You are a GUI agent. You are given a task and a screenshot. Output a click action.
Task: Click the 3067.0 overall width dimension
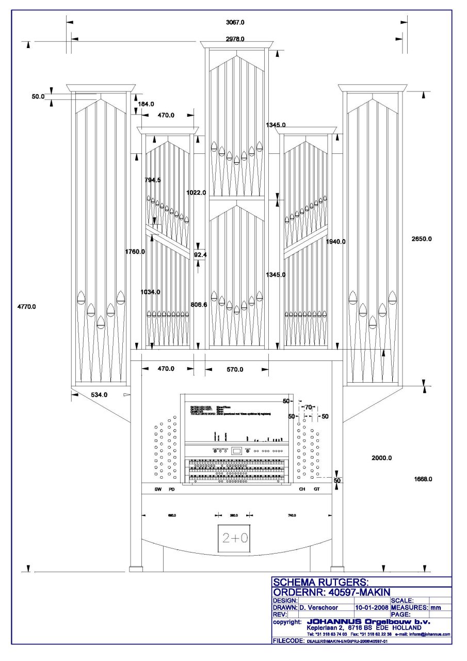[235, 23]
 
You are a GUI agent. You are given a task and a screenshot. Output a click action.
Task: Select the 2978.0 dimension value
[235, 39]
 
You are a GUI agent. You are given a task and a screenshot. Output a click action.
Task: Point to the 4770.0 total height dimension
[26, 307]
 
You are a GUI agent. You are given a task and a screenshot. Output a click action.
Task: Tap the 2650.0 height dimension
[422, 239]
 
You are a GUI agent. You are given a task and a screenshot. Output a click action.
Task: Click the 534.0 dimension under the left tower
[99, 395]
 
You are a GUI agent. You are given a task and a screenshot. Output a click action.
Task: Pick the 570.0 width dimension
[235, 369]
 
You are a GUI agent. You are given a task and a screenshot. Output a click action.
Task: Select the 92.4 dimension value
[200, 255]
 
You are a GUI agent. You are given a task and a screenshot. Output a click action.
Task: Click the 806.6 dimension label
[199, 305]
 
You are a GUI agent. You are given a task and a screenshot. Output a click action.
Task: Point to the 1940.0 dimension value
[336, 242]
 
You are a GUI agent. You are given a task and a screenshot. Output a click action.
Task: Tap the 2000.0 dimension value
[382, 458]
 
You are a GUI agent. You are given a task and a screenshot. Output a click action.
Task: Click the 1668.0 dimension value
[423, 479]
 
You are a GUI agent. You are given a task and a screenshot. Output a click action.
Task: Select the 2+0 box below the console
[235, 538]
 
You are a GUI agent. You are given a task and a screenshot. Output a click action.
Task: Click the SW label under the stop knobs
[158, 490]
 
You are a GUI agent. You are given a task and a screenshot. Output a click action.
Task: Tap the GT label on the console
[317, 490]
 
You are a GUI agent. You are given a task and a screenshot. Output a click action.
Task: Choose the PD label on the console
[172, 490]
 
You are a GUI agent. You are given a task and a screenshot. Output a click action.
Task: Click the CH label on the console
[302, 490]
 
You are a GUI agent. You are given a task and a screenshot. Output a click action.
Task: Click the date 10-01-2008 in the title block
[372, 608]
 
